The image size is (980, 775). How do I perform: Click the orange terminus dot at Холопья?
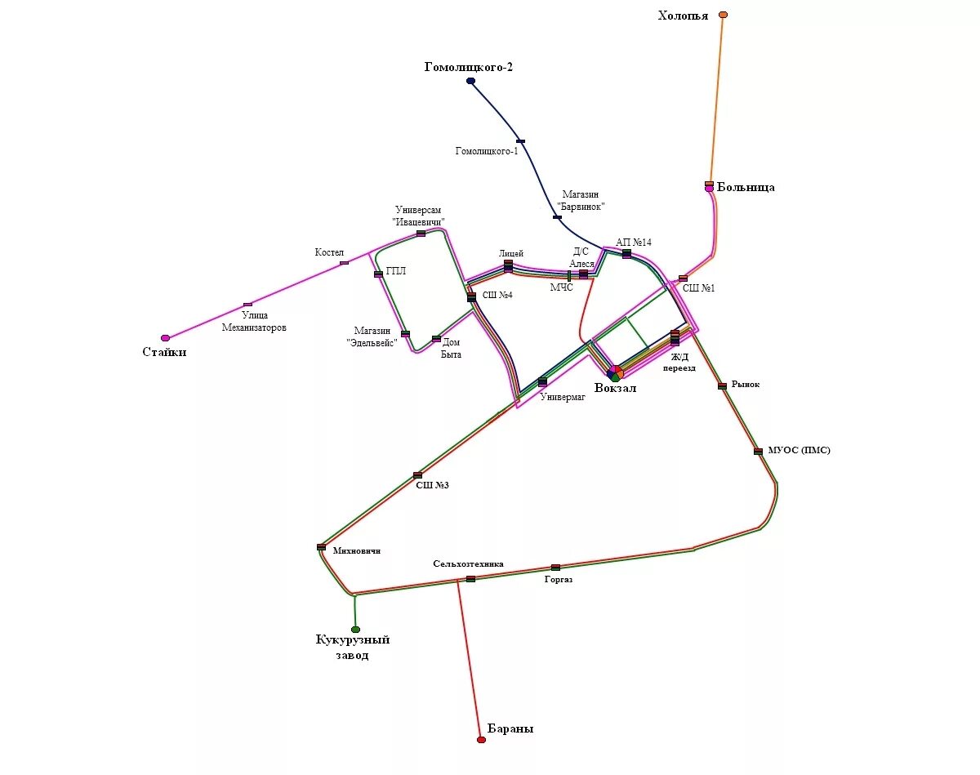tap(723, 15)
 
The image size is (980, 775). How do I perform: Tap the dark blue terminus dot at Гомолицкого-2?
tap(471, 81)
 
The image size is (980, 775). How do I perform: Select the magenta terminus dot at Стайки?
tap(165, 337)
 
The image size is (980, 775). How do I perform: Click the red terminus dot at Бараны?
tap(481, 740)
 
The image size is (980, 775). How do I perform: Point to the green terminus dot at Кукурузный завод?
tap(355, 630)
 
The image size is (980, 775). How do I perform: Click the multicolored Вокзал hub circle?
tap(615, 372)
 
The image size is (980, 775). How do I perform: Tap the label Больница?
tap(746, 188)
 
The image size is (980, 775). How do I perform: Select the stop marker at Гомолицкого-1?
tap(520, 141)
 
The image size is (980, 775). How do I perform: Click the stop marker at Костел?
tap(344, 263)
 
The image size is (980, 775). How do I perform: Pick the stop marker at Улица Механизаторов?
tap(247, 305)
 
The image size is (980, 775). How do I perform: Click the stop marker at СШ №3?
tap(417, 474)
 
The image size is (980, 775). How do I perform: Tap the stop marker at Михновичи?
tap(321, 547)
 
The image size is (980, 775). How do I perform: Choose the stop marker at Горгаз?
tap(555, 567)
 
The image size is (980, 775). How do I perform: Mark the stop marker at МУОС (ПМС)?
tap(758, 451)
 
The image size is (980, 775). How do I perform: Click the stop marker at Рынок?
tap(722, 386)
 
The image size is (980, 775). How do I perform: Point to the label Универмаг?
tap(563, 398)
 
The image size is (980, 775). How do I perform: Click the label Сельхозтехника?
tap(468, 563)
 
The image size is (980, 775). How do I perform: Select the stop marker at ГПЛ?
tap(378, 274)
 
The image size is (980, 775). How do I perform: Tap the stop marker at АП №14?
tap(626, 254)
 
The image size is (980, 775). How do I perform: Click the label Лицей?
tap(510, 253)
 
